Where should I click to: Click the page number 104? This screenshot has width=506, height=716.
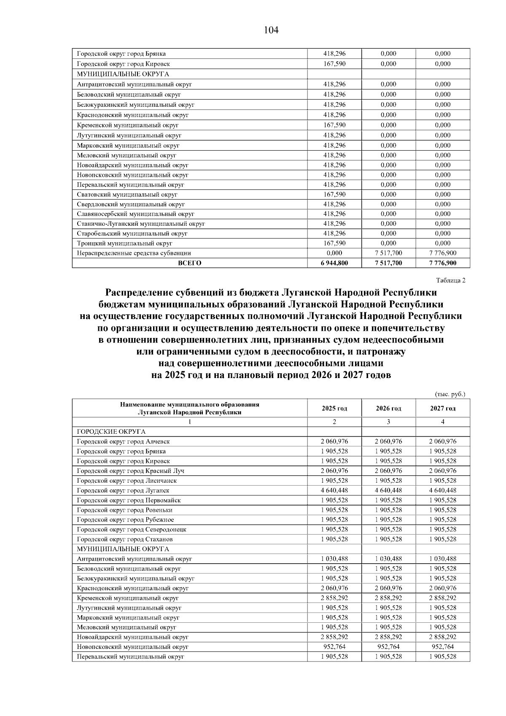(271, 30)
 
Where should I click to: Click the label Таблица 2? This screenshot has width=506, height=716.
(451, 281)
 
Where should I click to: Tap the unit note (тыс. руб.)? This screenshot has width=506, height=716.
(450, 394)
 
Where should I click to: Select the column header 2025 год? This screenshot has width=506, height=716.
(334, 408)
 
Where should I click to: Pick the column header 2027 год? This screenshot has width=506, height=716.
(443, 408)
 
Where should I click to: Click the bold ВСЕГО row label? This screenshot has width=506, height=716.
(190, 263)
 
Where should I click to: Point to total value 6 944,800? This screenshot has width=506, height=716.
(334, 263)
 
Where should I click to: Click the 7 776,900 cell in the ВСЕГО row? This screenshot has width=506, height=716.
(443, 263)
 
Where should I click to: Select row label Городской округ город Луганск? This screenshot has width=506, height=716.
(123, 490)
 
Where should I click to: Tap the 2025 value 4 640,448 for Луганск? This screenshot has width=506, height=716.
(334, 490)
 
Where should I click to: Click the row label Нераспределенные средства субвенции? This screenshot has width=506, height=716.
(134, 253)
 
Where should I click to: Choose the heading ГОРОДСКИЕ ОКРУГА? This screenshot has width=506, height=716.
(111, 432)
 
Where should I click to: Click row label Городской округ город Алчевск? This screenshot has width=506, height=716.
(123, 441)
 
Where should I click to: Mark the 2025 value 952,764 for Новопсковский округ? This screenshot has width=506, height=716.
(334, 646)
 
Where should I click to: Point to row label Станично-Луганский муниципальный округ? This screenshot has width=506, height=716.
(141, 224)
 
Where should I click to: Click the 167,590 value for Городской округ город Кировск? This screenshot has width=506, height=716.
(334, 64)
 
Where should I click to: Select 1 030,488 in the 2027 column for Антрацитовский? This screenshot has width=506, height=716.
(443, 559)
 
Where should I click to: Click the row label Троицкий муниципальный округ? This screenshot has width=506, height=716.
(124, 243)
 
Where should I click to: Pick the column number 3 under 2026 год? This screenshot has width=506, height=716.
(388, 421)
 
